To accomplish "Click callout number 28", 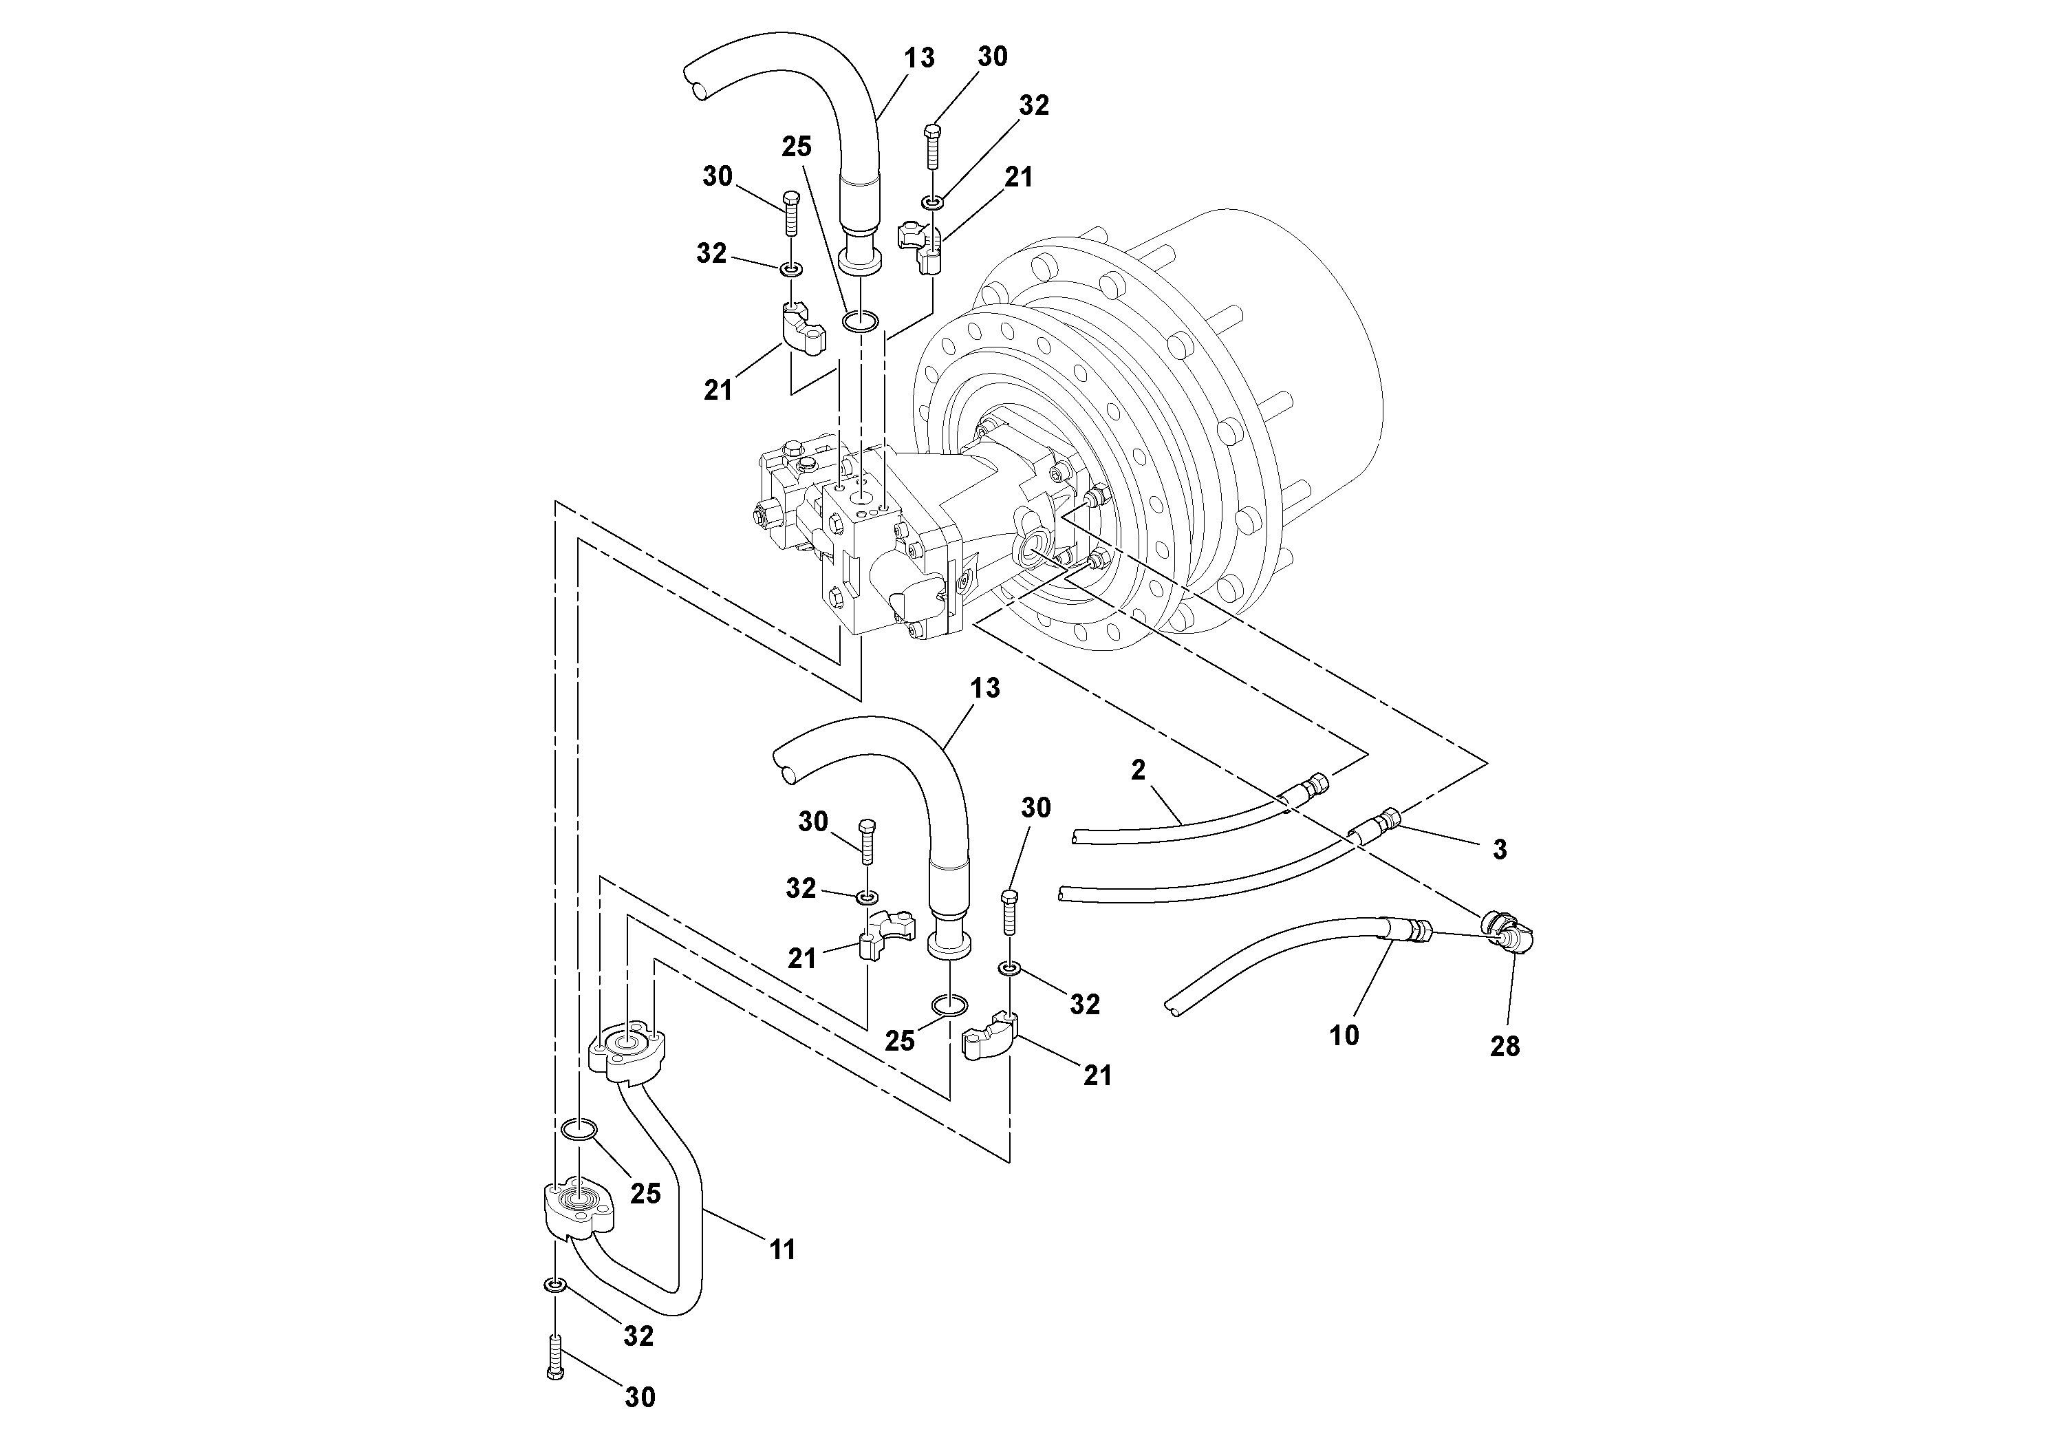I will click(x=1504, y=1047).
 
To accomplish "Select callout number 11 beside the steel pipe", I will click(x=782, y=1250).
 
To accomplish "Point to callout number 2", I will click(x=1137, y=770).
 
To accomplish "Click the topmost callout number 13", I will click(x=919, y=59).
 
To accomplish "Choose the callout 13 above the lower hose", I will click(x=984, y=688).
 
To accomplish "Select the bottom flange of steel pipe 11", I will click(x=578, y=1209).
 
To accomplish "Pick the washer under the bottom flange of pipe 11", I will click(x=554, y=1285).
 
